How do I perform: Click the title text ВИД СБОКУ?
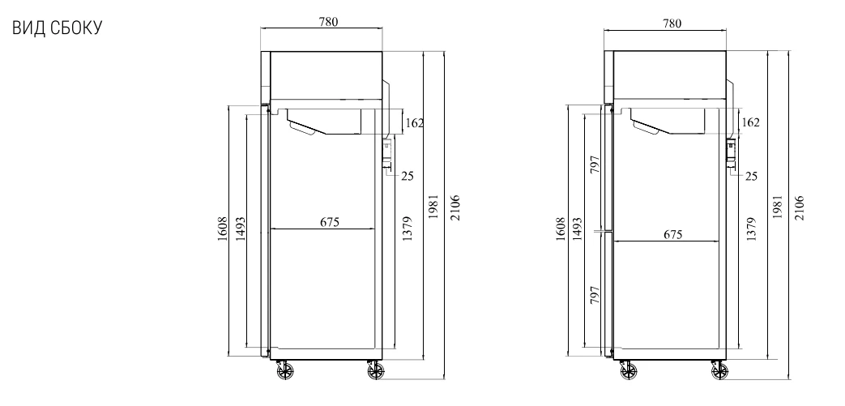(x=57, y=28)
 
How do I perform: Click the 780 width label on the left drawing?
(x=328, y=22)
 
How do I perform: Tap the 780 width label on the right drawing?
(x=672, y=24)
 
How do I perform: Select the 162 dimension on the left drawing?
(x=414, y=123)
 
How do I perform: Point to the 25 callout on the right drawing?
(x=751, y=177)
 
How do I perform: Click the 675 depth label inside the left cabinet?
(x=329, y=221)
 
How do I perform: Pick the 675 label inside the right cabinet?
(x=673, y=234)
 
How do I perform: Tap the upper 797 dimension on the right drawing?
(x=595, y=165)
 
